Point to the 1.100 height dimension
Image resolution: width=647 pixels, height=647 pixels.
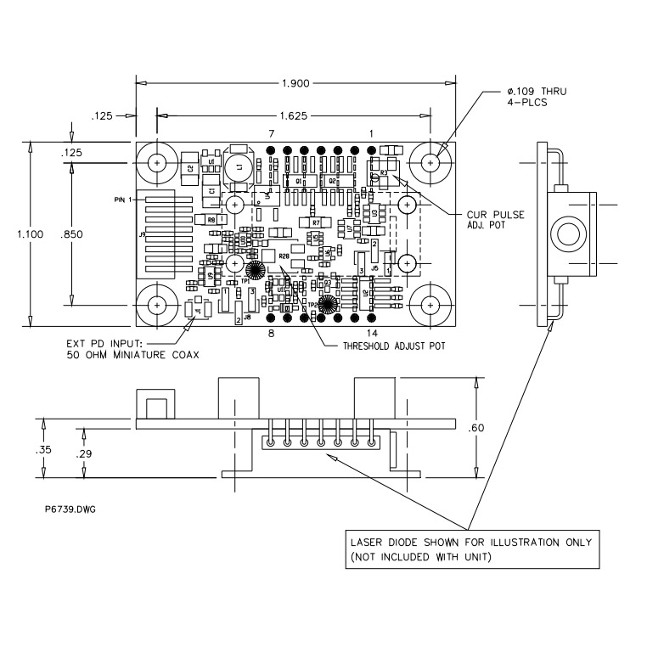[18, 235]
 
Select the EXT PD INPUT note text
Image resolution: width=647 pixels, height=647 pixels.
[132, 348]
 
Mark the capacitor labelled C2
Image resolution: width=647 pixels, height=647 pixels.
[188, 167]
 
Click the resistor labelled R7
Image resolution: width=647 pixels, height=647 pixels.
[315, 222]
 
